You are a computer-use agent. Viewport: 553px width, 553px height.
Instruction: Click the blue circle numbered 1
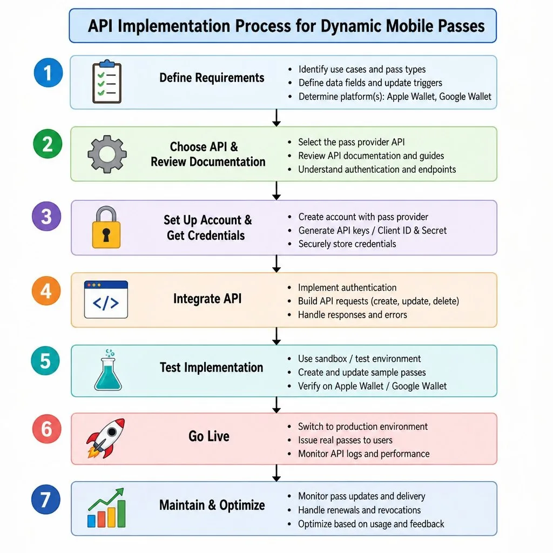[x=48, y=73]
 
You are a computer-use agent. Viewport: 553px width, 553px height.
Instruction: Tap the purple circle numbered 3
[x=46, y=216]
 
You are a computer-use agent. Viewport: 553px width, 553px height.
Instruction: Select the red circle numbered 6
[x=47, y=429]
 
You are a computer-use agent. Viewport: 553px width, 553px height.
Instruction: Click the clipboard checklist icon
[x=107, y=82]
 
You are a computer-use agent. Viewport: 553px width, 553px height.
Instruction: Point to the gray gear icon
[x=107, y=154]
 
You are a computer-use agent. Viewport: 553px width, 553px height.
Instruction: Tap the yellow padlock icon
[x=106, y=227]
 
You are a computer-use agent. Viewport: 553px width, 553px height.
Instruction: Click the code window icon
[x=106, y=299]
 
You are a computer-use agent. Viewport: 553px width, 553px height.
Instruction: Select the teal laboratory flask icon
[x=108, y=370]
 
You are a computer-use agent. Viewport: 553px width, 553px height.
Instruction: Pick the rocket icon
[x=106, y=438]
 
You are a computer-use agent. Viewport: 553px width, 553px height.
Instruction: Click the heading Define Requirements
[x=212, y=78]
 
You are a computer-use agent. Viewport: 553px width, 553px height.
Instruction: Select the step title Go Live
[x=209, y=436]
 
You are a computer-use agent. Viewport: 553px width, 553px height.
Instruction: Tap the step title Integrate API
[x=207, y=299]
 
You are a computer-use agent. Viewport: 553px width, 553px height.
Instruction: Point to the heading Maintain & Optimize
[x=212, y=505]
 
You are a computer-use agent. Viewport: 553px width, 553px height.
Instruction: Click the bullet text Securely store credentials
[x=347, y=244]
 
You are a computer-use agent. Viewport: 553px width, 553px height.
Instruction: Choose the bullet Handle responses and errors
[x=352, y=315]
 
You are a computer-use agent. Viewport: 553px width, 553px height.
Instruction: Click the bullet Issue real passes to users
[x=345, y=440]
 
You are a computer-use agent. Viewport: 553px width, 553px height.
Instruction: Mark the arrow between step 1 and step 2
[x=276, y=118]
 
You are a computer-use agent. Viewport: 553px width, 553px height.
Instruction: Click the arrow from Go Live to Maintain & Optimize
[x=276, y=473]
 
